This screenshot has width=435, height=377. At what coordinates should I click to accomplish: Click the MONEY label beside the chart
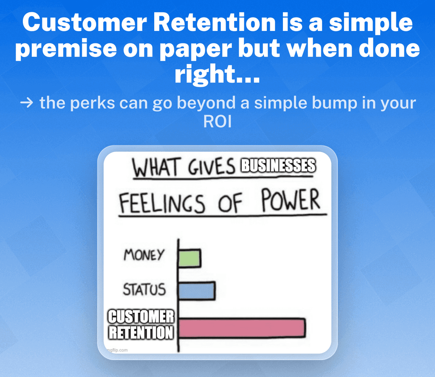144,255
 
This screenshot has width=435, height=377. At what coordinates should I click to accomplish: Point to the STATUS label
144,290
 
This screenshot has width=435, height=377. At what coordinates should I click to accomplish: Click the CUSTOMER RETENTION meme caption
141,325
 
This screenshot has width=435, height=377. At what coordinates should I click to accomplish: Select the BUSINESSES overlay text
278,165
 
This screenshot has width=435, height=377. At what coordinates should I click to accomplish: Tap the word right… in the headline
217,75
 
